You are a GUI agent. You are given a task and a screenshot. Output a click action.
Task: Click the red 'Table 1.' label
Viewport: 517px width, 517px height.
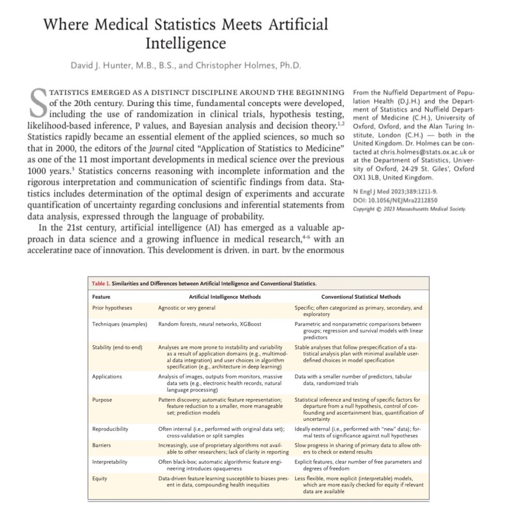coord(100,283)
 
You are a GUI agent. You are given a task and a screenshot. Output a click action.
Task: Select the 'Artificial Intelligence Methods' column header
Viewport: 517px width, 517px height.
coord(225,297)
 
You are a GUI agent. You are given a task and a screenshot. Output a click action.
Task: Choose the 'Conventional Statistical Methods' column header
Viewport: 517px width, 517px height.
coord(361,297)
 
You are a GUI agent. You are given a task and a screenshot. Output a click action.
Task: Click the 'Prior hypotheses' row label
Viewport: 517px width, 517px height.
coord(112,308)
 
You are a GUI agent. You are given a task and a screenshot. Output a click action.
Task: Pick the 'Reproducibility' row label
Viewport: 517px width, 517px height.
coord(110,429)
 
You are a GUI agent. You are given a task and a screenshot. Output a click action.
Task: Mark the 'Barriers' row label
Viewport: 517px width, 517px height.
coord(101,445)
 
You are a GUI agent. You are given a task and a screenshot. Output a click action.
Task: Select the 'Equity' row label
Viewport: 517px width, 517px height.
coord(100,478)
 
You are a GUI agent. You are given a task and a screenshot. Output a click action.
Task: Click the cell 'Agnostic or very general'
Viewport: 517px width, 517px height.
coord(187,308)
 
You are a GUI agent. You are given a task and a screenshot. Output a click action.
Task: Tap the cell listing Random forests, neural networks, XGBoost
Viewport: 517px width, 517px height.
coord(209,324)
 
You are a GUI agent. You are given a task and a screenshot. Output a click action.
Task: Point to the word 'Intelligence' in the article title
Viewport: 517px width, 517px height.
coord(186,42)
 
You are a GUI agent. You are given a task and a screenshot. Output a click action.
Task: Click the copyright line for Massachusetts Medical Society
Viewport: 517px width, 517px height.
coord(409,209)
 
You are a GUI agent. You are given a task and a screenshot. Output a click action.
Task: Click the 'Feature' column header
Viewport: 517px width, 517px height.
coord(101,297)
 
